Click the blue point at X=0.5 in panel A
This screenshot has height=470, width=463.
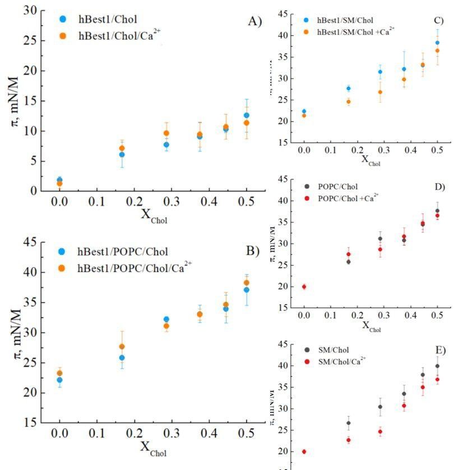coord(246,115)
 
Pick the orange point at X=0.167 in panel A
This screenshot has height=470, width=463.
coord(122,148)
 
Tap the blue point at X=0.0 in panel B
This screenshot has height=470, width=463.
coord(59,380)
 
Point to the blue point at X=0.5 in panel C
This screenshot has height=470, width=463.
coord(437,43)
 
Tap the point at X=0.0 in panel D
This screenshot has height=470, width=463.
coord(304,287)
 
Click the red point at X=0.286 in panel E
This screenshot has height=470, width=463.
coord(380,431)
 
